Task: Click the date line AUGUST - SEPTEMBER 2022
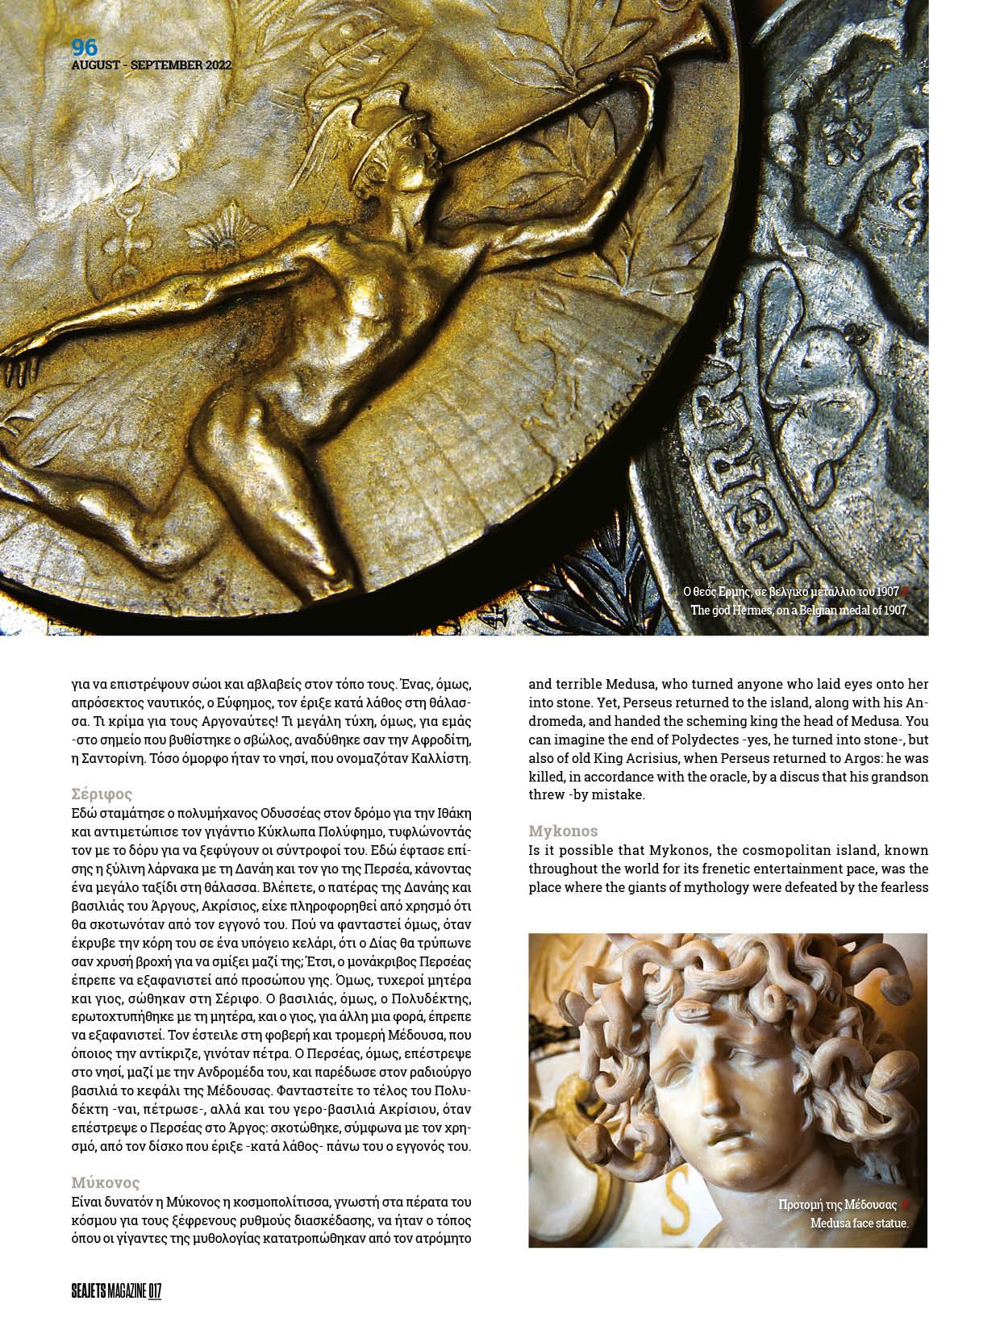point(152,65)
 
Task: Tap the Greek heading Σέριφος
point(101,794)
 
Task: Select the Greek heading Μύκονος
point(106,1183)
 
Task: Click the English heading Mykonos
point(563,831)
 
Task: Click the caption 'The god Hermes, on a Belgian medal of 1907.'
point(799,611)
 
